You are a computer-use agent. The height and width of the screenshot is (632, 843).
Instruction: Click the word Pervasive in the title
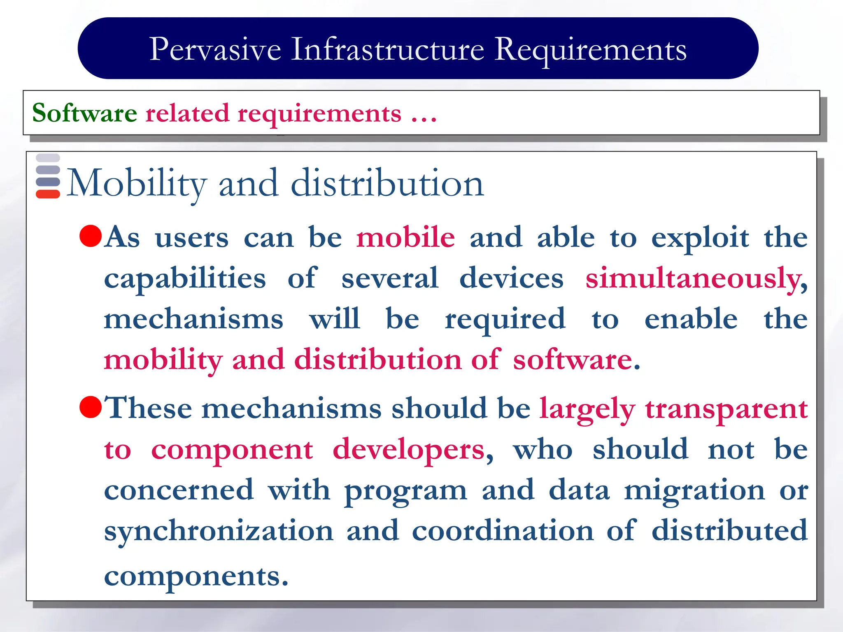coord(215,49)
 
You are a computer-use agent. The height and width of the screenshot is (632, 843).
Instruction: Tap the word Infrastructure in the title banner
coord(388,49)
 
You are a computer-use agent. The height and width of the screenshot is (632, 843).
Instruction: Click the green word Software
coord(84,113)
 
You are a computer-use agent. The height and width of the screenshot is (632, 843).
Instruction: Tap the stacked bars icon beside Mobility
coord(48,176)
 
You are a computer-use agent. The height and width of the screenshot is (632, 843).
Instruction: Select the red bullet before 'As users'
coord(91,236)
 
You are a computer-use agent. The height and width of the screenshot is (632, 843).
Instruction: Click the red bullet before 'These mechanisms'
coord(91,407)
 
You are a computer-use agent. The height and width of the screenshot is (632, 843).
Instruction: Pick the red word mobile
coord(405,238)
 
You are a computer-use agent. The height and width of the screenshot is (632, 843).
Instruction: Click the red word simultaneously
coord(696,279)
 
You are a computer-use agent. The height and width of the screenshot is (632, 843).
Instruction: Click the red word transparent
coord(726,409)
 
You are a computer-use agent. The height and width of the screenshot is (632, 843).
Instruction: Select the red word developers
coord(408,450)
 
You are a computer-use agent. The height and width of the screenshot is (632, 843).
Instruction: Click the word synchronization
coord(219,531)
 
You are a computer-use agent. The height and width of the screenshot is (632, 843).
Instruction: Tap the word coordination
coord(503,531)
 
